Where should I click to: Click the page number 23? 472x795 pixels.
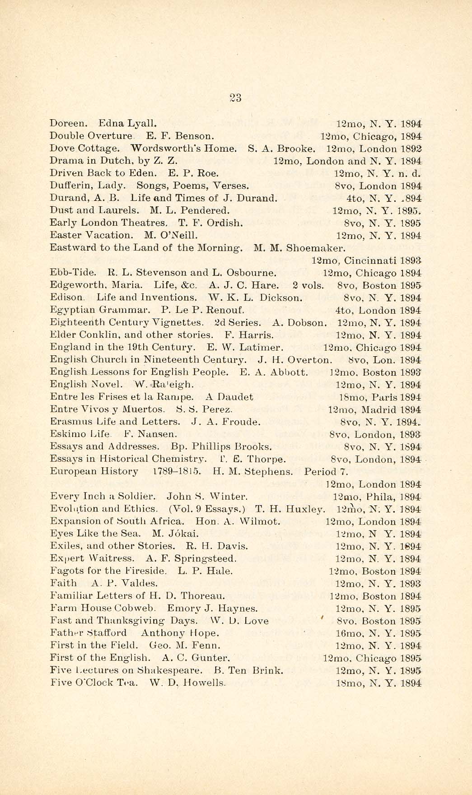click(x=236, y=98)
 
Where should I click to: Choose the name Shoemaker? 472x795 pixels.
click(x=316, y=248)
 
